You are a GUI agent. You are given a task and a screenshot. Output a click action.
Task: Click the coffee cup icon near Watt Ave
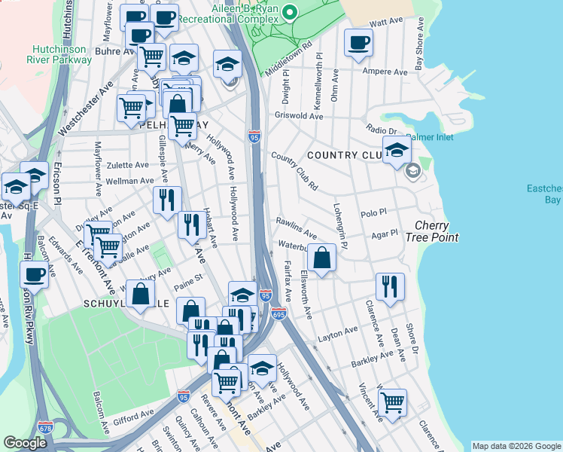tap(358, 42)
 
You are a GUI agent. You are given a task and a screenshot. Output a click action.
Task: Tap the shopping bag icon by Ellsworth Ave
tap(321, 258)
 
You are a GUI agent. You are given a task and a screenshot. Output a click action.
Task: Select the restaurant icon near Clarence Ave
tap(390, 286)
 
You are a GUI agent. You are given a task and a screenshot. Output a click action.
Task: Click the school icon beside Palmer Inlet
tap(397, 150)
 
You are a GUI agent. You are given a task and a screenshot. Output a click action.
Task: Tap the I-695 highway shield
tap(278, 313)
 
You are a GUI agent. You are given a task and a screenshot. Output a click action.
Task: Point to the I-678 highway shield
tap(45, 427)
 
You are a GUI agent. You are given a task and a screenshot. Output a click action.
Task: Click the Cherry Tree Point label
tap(437, 231)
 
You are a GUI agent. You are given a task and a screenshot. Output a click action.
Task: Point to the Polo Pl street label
tap(373, 215)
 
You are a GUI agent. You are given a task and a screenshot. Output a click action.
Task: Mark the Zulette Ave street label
tap(128, 164)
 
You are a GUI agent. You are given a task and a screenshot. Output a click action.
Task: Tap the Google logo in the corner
tap(25, 443)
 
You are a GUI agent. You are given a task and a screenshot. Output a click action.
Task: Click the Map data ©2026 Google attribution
tap(516, 446)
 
